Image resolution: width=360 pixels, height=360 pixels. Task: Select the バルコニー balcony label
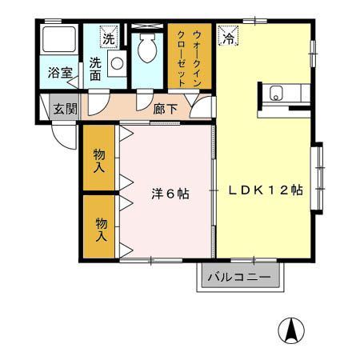(239, 278)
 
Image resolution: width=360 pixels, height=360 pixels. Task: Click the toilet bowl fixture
(148, 50)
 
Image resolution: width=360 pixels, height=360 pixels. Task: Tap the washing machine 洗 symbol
(108, 36)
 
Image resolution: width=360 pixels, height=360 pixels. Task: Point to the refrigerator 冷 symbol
(228, 37)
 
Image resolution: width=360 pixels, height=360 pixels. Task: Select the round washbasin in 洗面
(118, 65)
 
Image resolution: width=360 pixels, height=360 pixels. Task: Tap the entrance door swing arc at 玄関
(66, 133)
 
